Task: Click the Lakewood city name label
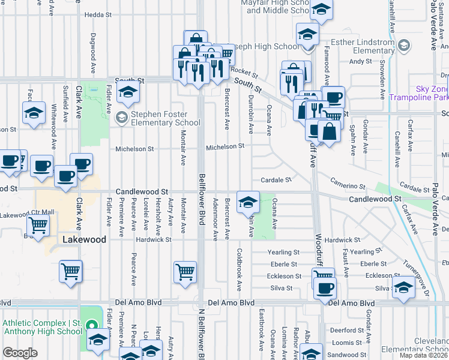[84, 239]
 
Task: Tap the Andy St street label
[360, 61]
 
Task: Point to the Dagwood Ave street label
[93, 53]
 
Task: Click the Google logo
[20, 353]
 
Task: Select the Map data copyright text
[424, 355]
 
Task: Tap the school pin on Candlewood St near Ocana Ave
[248, 202]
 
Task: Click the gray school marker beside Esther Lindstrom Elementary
[404, 46]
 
